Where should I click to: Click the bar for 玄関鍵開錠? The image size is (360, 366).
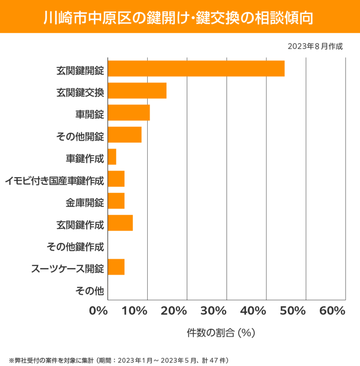click(x=196, y=68)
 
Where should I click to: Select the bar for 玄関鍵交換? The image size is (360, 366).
click(x=137, y=91)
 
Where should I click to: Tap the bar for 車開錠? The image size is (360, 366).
click(x=129, y=112)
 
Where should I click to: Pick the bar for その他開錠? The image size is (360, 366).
click(x=125, y=135)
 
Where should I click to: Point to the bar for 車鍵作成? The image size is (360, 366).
click(x=112, y=157)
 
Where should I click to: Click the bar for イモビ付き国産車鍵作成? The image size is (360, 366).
click(x=116, y=179)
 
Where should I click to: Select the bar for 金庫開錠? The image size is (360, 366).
click(x=116, y=201)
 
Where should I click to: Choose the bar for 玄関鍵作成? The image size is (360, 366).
click(x=120, y=223)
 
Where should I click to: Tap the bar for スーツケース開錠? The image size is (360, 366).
click(x=116, y=267)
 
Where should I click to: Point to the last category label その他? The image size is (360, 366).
click(x=89, y=289)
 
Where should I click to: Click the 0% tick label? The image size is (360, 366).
click(x=98, y=311)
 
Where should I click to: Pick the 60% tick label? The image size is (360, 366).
click(x=332, y=311)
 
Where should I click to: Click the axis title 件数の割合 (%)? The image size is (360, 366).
click(x=221, y=333)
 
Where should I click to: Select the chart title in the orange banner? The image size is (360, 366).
click(x=180, y=16)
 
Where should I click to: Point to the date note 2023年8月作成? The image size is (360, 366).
click(x=315, y=46)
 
